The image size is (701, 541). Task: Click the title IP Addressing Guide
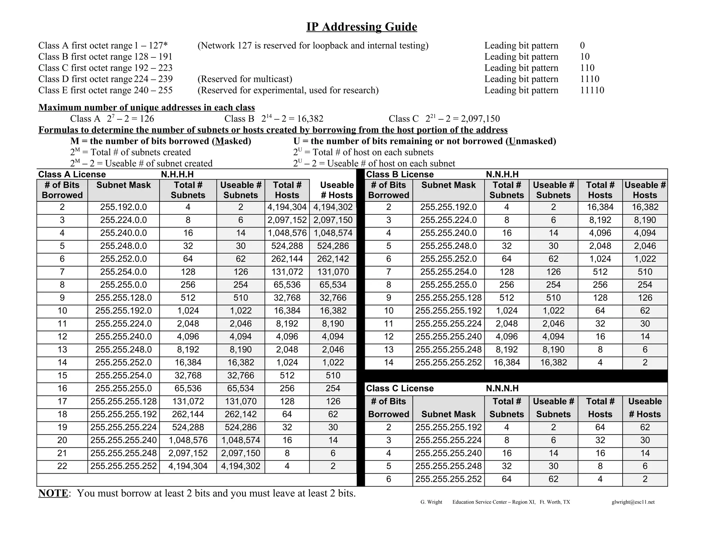361,27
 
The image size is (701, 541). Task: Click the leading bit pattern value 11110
592,90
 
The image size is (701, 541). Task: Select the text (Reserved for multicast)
245,79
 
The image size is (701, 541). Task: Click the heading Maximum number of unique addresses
146,107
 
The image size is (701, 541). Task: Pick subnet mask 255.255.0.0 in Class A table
123,285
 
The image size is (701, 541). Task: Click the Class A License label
72,174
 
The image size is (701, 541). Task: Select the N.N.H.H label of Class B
502,174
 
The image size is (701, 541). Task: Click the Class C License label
399,388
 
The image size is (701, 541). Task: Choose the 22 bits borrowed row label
62,466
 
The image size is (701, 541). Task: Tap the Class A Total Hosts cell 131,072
287,272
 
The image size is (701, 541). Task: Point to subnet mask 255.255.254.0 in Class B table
448,272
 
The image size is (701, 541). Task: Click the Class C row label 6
388,479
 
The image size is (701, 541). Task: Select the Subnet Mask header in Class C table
448,414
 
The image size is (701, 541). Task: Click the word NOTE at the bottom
53,493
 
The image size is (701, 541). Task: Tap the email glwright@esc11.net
633,502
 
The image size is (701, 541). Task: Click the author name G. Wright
431,502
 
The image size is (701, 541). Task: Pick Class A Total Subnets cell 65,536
188,388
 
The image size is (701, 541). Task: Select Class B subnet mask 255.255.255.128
448,298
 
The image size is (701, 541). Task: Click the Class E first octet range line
105,90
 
